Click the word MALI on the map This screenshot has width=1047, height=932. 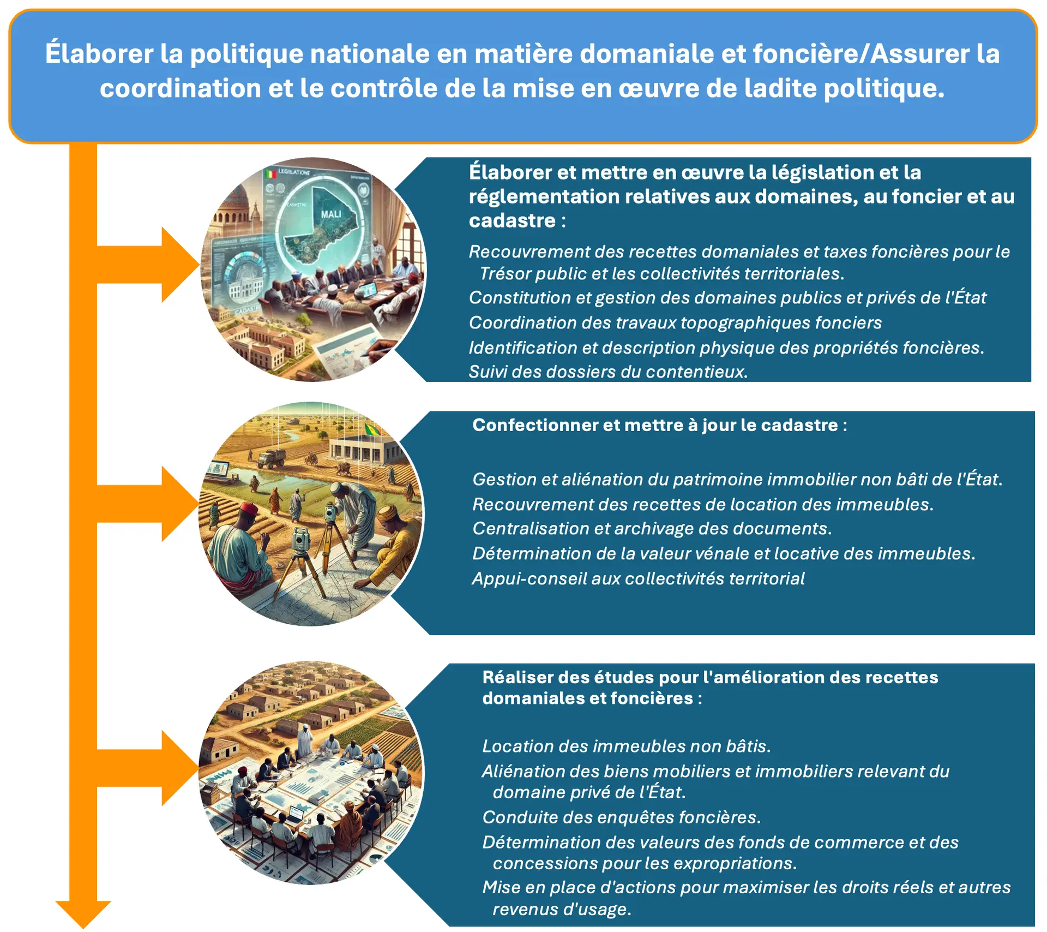331,214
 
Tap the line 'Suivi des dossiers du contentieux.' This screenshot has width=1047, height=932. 608,372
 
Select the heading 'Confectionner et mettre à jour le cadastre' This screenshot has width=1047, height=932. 655,425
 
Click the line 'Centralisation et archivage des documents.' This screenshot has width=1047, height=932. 652,528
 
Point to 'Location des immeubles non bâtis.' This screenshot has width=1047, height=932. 626,746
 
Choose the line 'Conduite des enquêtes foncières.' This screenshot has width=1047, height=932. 621,817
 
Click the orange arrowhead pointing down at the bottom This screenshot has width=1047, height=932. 83,914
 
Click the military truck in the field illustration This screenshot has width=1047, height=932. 271,458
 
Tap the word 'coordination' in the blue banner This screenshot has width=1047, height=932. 180,88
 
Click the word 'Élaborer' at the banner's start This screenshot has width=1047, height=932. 99,53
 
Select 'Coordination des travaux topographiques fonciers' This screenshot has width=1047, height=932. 675,322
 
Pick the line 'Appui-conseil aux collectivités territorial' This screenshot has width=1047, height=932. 638,578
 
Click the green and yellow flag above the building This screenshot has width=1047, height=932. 372,429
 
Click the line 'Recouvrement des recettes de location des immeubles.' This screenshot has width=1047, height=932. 703,504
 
